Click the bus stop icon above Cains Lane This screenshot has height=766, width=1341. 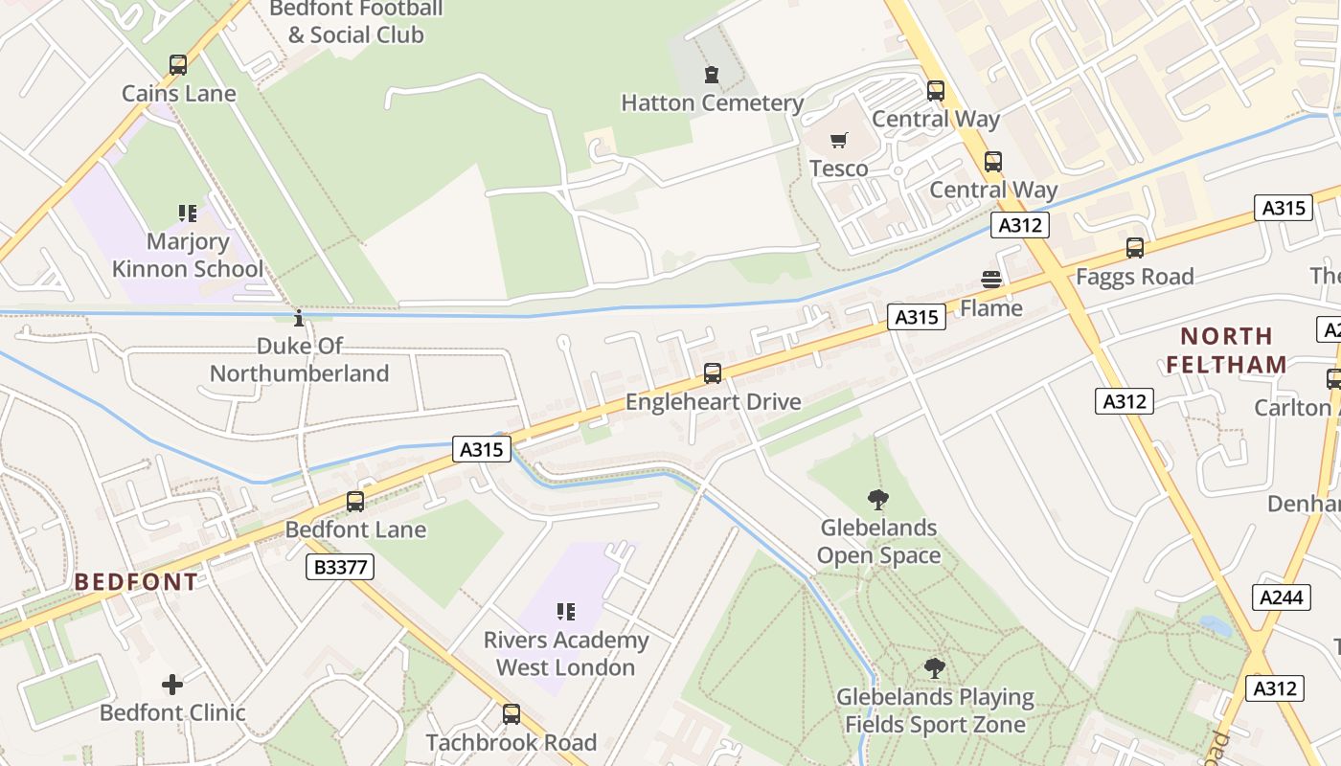coord(178,65)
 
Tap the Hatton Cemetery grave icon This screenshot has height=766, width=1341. coord(711,75)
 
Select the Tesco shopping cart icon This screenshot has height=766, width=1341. coord(839,141)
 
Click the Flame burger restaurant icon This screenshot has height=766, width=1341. coord(991,280)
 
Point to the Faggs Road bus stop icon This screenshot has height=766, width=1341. coord(1135,248)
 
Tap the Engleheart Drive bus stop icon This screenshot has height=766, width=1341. coord(713,373)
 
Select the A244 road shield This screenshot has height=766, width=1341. coord(1282,597)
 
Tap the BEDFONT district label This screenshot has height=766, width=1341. coord(136,582)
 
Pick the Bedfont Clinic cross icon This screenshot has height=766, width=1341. coord(172,685)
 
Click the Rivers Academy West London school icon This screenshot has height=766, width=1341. coord(566,611)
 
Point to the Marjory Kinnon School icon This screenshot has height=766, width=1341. coord(188,213)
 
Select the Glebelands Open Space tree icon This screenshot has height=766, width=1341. coord(877,499)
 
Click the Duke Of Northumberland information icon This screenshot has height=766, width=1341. coord(299,318)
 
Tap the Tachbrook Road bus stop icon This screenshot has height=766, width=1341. coord(511,713)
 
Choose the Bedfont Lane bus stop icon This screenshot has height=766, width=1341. coord(355,501)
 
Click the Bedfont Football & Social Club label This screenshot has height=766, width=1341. coord(355,22)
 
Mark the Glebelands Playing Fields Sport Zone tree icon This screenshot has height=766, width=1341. coord(935,667)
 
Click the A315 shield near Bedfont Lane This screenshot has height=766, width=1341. coord(482,449)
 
